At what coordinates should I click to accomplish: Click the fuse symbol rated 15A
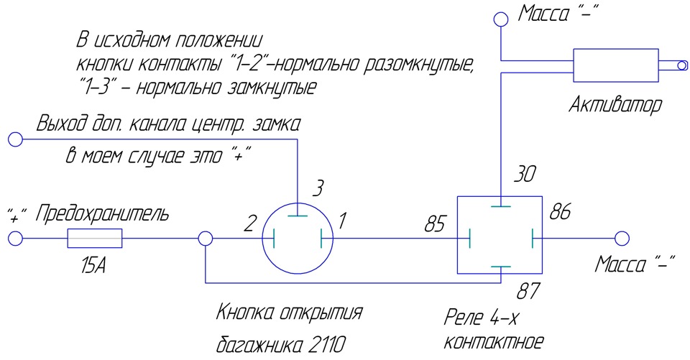[95, 239]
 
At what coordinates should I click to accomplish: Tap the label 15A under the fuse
[93, 267]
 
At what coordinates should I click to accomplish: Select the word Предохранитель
[102, 214]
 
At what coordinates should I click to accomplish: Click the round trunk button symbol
[298, 238]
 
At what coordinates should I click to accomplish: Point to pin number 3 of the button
[318, 188]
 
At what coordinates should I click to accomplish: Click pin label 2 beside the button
[249, 223]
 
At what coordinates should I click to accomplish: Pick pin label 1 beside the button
[342, 221]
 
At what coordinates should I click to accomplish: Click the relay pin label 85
[436, 224]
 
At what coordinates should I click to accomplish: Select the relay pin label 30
[525, 175]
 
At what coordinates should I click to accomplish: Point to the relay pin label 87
[528, 291]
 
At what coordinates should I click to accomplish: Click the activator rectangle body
[616, 65]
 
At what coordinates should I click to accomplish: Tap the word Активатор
[615, 105]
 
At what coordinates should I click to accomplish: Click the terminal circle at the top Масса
[501, 19]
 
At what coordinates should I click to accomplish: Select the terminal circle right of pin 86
[622, 239]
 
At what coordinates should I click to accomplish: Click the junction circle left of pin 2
[205, 239]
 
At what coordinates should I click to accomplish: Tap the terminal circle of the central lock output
[15, 139]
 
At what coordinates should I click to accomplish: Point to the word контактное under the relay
[494, 341]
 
